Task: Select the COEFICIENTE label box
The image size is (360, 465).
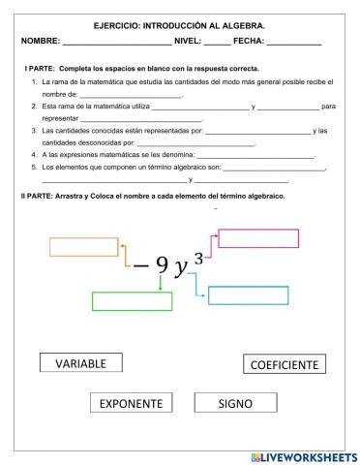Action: click(x=285, y=365)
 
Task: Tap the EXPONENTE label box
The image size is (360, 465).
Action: click(x=132, y=403)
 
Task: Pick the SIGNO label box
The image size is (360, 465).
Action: click(x=234, y=403)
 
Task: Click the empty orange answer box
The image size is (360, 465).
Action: click(x=83, y=246)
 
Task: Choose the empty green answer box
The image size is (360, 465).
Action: click(x=132, y=301)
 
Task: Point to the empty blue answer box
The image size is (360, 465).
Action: click(x=249, y=295)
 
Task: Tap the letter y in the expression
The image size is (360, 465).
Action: click(x=181, y=268)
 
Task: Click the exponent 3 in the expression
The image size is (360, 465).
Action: click(x=198, y=256)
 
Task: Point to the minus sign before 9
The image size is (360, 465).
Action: click(x=141, y=267)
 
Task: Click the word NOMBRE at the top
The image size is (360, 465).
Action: click(x=39, y=41)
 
